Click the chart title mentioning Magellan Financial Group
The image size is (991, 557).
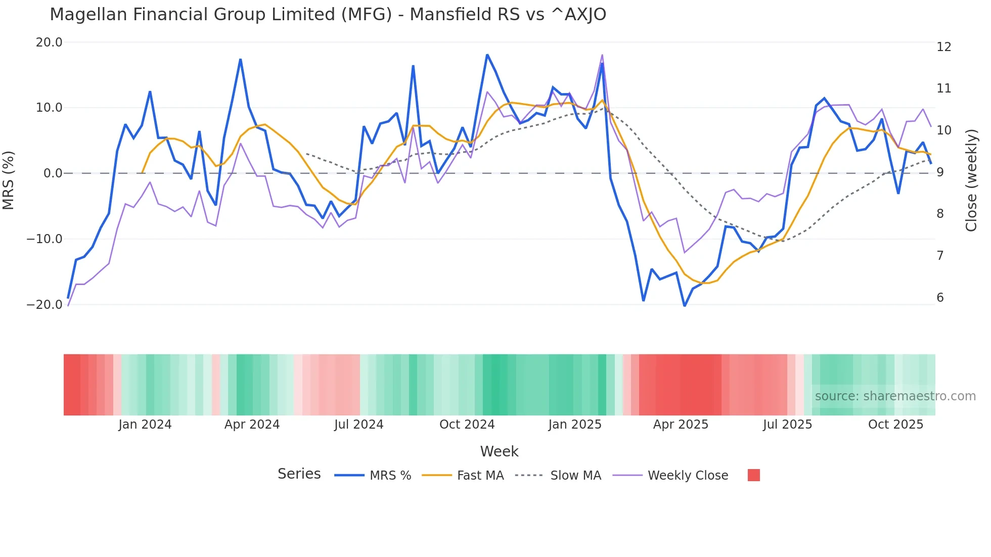coord(328,15)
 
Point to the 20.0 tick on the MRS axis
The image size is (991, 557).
coord(49,42)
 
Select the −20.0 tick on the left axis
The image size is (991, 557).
coord(44,305)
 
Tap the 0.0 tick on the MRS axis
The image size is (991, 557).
coord(53,173)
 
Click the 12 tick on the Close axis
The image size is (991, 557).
coord(943,47)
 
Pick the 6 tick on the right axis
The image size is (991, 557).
coord(940,298)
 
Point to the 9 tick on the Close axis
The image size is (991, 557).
coord(940,172)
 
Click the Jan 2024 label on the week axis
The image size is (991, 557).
coord(145,425)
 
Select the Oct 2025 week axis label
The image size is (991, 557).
coord(895,425)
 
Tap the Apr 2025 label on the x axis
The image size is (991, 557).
coord(681,425)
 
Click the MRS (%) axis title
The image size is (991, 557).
coord(9,180)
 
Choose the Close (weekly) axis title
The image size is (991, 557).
coord(971,180)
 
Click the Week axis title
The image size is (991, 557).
coord(499,451)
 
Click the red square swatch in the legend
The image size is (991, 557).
coord(753,475)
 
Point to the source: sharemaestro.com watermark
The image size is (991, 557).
coord(895,396)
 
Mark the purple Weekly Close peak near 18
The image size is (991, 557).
coord(602,55)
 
